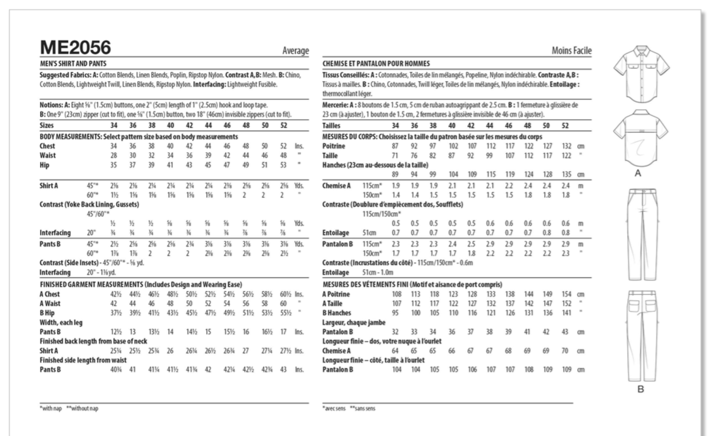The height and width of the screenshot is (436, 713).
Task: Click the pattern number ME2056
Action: tap(75, 47)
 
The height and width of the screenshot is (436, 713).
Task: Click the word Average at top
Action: tap(295, 51)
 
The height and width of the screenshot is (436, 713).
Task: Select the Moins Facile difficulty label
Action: tap(571, 51)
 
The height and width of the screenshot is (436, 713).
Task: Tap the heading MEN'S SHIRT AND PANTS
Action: tap(73, 63)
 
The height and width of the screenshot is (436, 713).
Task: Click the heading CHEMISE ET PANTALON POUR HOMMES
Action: tap(376, 63)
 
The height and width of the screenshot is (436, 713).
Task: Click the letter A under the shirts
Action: tap(637, 173)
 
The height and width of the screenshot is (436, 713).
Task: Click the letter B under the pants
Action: tap(640, 389)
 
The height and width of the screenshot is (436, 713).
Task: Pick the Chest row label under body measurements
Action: tap(47, 146)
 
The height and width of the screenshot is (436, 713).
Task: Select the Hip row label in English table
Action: tap(44, 165)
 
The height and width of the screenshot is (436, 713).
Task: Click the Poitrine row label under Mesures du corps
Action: tap(333, 146)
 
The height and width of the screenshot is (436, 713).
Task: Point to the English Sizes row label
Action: tap(46, 125)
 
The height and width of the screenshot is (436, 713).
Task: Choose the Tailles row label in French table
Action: tap(331, 125)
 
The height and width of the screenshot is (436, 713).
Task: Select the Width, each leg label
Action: tap(61, 322)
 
